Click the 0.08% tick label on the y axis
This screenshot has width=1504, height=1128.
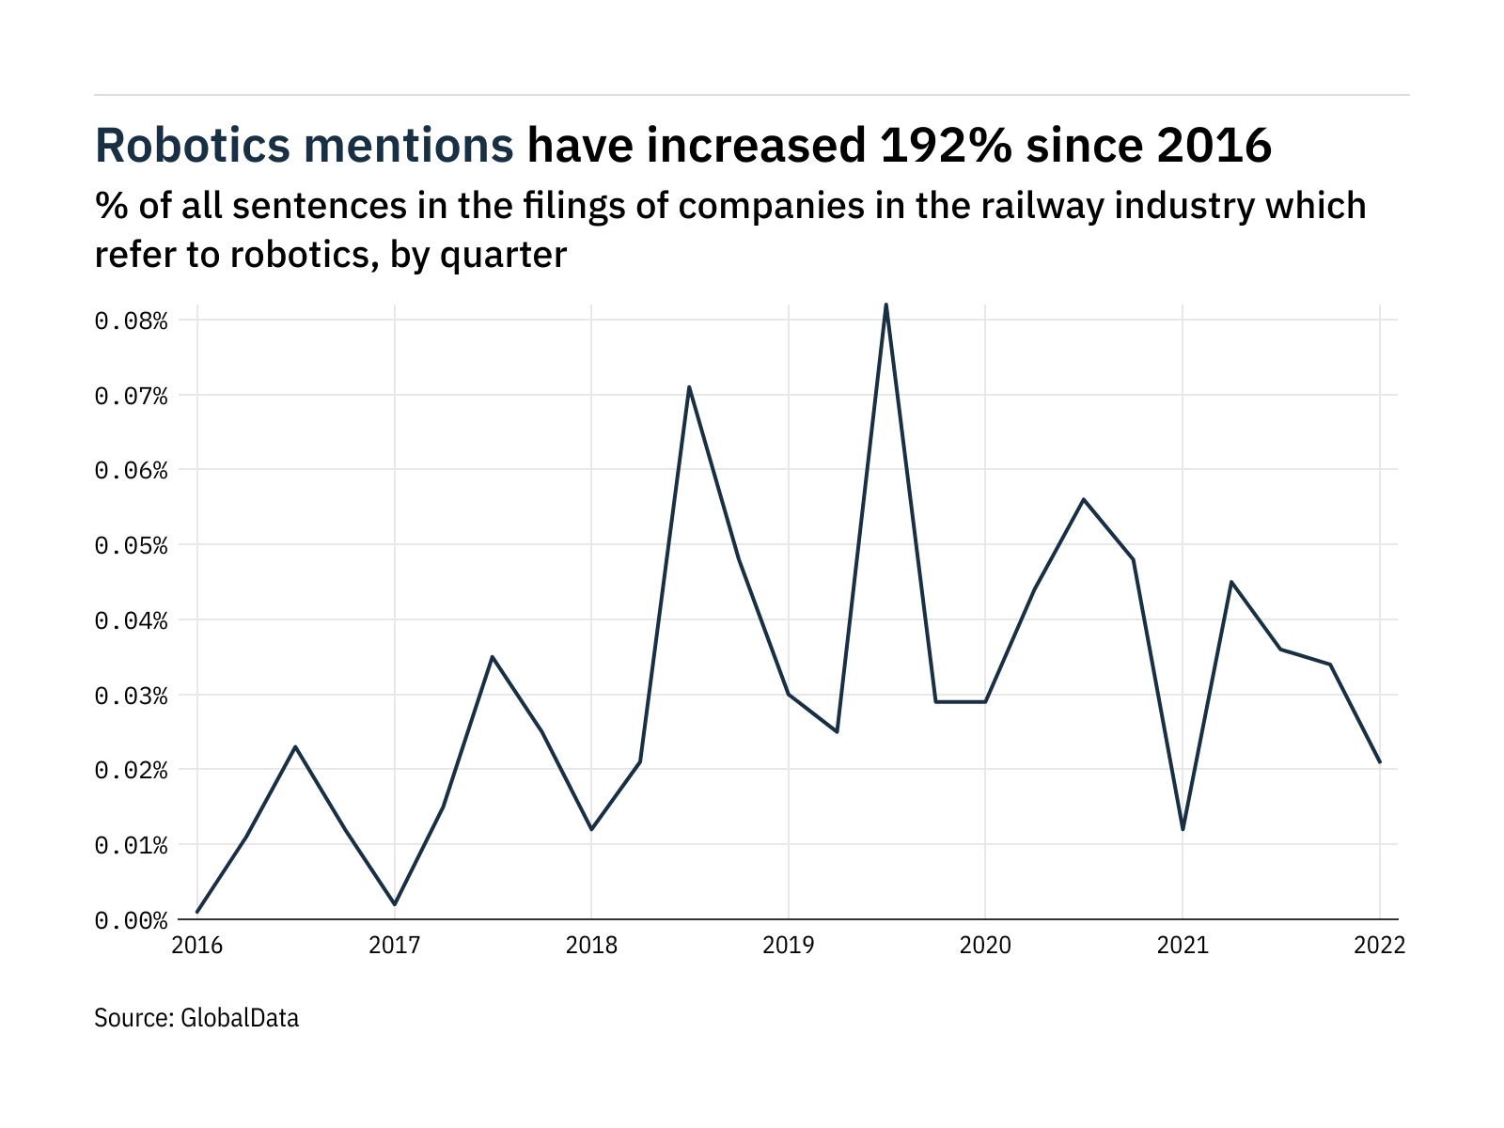[x=131, y=321]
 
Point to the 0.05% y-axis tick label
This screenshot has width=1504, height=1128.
[x=131, y=545]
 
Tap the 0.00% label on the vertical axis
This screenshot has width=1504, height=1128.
[x=131, y=920]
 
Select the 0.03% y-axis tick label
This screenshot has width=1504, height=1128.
[x=131, y=696]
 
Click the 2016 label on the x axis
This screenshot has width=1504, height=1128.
[x=197, y=946]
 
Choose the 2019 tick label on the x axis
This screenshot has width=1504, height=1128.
[x=788, y=946]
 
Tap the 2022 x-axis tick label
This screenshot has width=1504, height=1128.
[x=1379, y=946]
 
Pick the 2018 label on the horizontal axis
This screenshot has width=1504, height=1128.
[x=591, y=946]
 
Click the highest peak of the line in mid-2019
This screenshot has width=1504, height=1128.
[x=886, y=305]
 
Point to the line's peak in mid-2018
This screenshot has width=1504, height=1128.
[x=689, y=386]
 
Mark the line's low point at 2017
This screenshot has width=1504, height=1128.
[x=395, y=904]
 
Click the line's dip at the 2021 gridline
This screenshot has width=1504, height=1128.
[x=1183, y=829]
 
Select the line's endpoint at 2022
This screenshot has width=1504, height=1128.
[x=1380, y=762]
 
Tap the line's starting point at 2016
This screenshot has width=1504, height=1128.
[x=197, y=912]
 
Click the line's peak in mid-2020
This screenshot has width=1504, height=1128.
[x=1084, y=499]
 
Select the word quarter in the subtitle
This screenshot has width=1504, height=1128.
[x=503, y=255]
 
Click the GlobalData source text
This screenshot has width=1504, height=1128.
[x=239, y=1018]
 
